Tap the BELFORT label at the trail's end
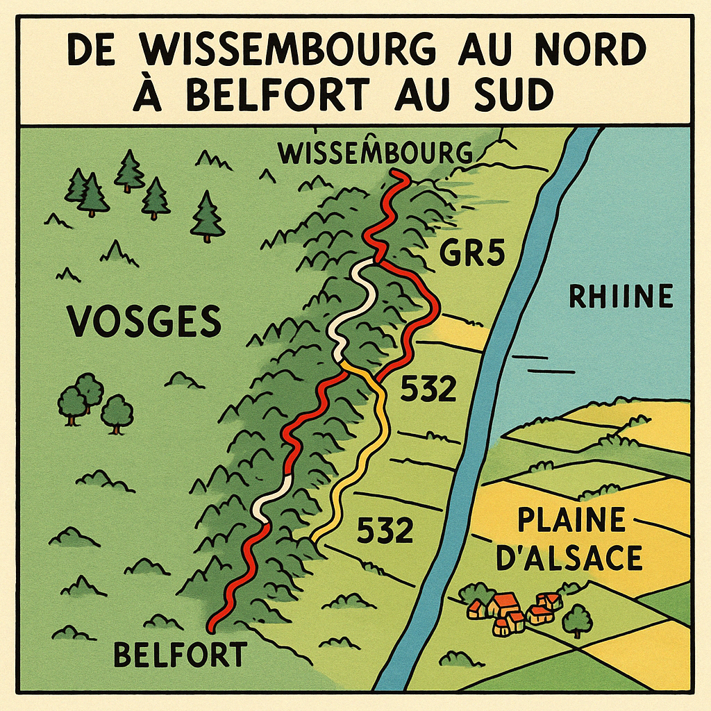pyautogui.click(x=180, y=654)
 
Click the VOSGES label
pyautogui.click(x=144, y=321)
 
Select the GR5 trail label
pyautogui.click(x=471, y=256)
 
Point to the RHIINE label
pyautogui.click(x=620, y=296)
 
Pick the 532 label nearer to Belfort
pyautogui.click(x=385, y=531)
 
